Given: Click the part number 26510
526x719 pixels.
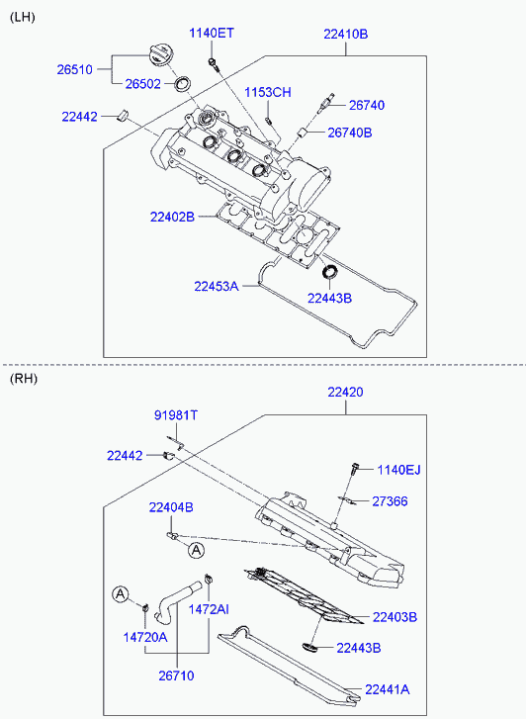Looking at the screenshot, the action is pos(75,69).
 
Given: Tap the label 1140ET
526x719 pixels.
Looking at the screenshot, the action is pos(212,33).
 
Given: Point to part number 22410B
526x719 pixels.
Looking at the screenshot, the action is pos(346,34).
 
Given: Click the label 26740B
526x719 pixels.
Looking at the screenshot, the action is pos(350,133).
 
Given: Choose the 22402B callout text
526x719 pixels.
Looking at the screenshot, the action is pos(172,217).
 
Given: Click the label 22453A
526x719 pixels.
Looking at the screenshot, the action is pos(217,287).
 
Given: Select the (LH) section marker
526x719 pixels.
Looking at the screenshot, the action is pos(23,18).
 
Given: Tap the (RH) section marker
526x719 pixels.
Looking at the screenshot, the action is pos(24,379).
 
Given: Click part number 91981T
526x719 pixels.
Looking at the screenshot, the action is pos(176,415).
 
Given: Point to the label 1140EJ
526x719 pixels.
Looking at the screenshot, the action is pos(399,470).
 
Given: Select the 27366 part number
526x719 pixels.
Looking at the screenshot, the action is pos(390,501).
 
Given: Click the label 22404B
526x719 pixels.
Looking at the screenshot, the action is pos(171,507).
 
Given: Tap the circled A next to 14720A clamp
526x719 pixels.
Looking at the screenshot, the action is pos(121,594).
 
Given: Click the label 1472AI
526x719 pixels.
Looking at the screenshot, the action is pos(210,609).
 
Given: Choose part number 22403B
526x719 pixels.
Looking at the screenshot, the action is pos(394,617).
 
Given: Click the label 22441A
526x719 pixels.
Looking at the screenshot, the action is pos(388,689).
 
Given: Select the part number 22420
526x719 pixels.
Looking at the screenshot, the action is pos(345,392).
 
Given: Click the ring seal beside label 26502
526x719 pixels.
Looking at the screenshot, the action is pos(184,83).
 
